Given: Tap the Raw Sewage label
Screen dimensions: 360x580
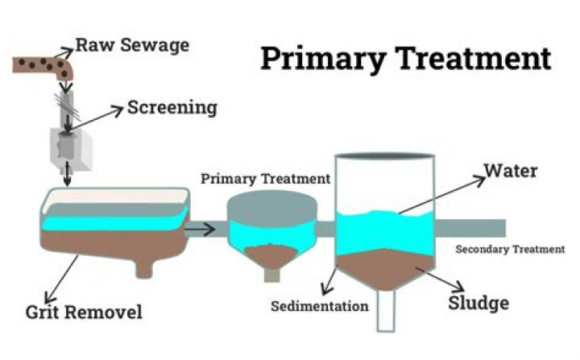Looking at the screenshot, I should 132,45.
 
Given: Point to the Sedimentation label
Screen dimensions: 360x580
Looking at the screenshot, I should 319,306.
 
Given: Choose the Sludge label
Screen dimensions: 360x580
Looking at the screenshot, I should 478,303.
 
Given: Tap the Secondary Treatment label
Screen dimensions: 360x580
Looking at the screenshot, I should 510,250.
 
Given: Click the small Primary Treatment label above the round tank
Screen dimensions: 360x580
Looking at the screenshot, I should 265,178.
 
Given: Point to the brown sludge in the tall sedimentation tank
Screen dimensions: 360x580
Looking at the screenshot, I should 386,270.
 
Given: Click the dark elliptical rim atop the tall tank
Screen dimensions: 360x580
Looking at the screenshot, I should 386,155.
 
